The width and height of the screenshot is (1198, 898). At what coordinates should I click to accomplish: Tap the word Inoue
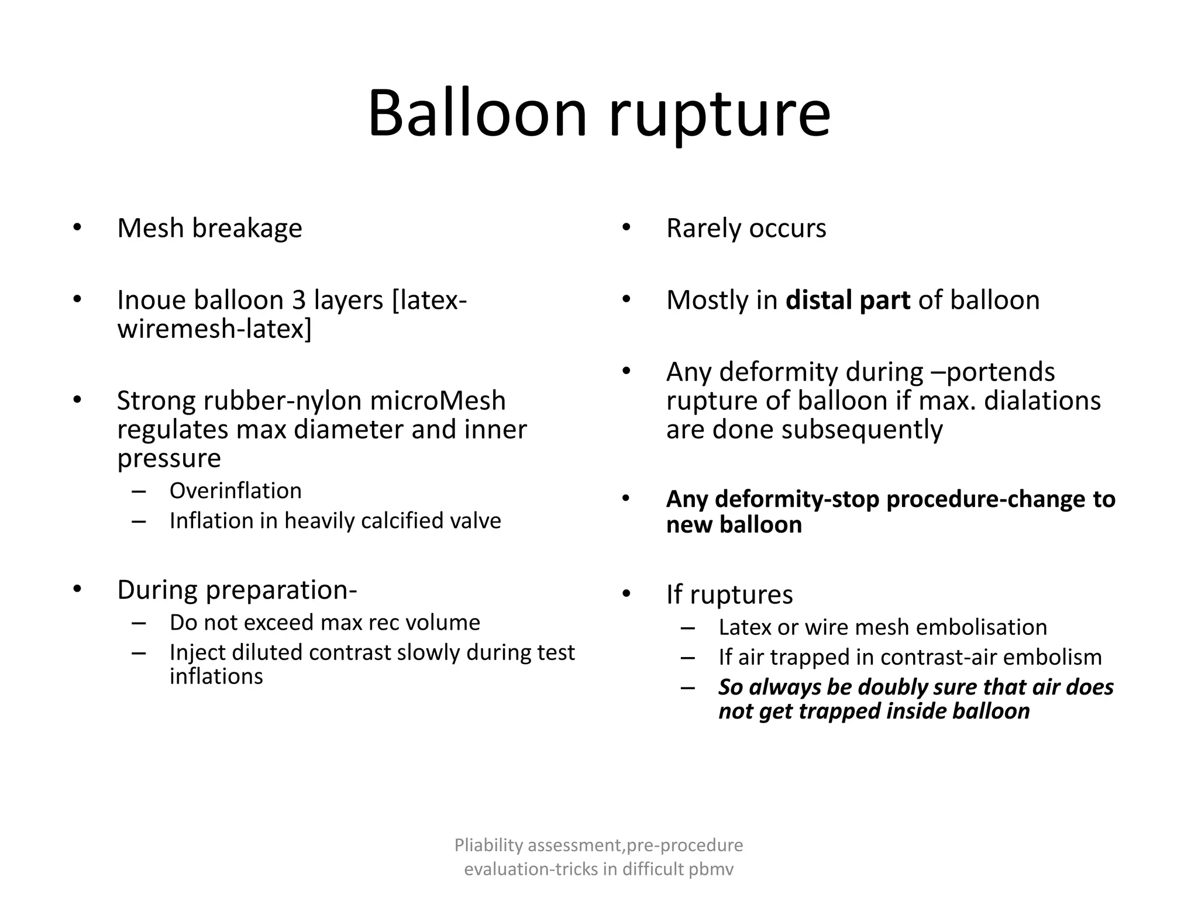[x=151, y=300]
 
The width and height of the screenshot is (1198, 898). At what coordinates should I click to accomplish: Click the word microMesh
[x=438, y=401]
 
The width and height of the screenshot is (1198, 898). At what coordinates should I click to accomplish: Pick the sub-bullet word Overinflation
[x=235, y=491]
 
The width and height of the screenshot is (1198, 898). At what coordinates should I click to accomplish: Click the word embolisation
[x=981, y=627]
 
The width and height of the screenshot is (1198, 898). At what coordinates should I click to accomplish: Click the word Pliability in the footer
[x=488, y=845]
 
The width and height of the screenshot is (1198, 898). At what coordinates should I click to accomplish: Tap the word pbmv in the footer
[x=710, y=869]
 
